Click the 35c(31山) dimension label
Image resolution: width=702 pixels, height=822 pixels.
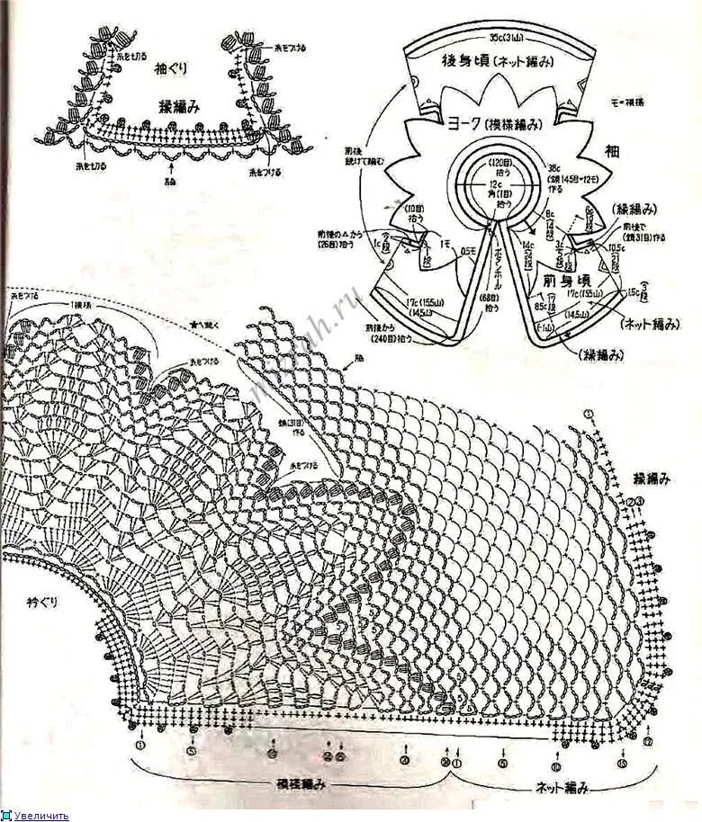coord(508,38)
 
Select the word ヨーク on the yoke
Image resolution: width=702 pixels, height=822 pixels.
coord(461,122)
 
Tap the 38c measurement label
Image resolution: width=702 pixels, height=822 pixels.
coord(556,167)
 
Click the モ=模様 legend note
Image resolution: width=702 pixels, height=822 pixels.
coord(627,103)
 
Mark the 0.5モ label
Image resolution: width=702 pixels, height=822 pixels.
coord(468,250)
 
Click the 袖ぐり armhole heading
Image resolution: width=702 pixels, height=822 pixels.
coord(168,67)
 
